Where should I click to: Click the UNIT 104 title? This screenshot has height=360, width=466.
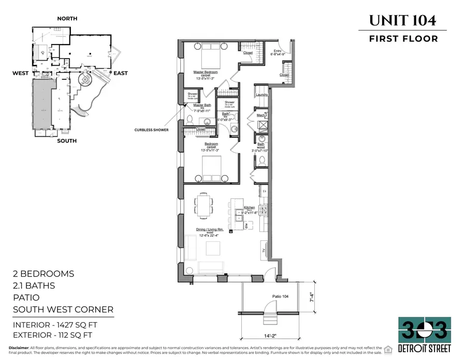[x=402, y=20]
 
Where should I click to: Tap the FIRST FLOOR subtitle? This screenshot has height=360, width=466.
[x=403, y=38]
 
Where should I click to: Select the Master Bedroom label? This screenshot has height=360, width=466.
[x=206, y=72]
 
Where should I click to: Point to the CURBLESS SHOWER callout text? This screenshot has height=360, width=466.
[x=152, y=129]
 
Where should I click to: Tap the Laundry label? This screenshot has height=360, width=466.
[x=261, y=95]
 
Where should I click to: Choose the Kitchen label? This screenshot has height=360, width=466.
[x=249, y=207]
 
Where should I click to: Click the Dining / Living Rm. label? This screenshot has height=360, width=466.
[x=209, y=229]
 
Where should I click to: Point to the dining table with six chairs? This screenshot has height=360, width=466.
[x=202, y=205]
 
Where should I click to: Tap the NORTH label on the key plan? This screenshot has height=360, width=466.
[x=67, y=19]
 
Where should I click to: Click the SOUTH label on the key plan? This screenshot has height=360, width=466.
[x=67, y=141]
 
